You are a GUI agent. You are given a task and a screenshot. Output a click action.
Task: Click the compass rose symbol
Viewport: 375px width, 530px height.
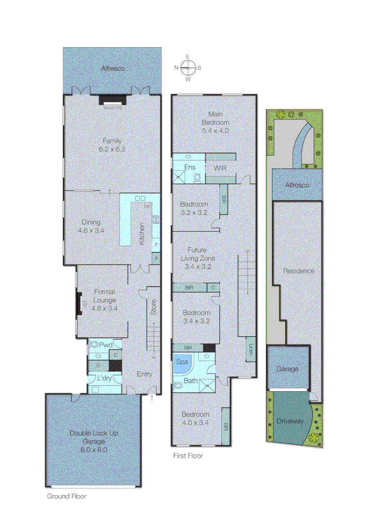[x=187, y=67]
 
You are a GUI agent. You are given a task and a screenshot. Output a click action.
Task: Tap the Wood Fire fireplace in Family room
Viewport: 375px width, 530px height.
[x=112, y=100]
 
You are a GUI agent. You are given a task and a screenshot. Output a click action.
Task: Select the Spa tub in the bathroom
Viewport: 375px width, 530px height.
[x=182, y=362]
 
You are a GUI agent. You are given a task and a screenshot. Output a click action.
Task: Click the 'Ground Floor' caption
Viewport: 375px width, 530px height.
[x=67, y=496]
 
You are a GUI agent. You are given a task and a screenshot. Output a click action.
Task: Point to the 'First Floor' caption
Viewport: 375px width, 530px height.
[x=188, y=456]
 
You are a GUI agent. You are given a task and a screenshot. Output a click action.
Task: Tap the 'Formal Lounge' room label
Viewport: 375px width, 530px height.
[x=105, y=295]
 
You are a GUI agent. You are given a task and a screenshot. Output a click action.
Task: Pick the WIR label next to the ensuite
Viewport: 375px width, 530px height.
[x=219, y=168]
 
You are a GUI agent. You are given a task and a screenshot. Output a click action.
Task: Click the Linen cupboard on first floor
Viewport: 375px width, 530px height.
[x=250, y=349]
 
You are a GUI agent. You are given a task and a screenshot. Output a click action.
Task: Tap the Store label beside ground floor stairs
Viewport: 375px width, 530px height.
[x=153, y=307]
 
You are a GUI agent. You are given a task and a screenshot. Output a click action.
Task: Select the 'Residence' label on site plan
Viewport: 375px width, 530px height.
[x=298, y=271]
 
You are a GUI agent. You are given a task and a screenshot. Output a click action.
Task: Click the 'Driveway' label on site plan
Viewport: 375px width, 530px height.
[x=290, y=421]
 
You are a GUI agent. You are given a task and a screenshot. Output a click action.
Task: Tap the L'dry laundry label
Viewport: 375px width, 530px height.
[x=104, y=379]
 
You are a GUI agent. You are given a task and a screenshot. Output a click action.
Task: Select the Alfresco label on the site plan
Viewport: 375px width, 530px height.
[x=297, y=185]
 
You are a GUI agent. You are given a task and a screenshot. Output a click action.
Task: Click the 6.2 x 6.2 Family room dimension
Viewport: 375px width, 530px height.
[x=112, y=149]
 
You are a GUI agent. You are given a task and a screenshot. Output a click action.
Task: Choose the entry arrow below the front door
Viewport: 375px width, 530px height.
[x=152, y=399]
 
